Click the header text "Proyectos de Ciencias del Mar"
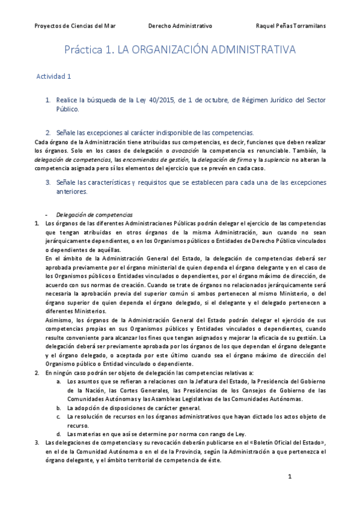point(75,26)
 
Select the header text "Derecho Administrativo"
point(180,26)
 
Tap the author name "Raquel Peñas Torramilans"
point(290,26)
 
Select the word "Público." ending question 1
point(67,109)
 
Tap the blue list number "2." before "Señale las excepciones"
point(48,132)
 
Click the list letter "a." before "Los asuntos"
point(59,382)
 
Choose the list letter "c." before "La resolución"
point(59,416)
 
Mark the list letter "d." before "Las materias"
point(59,434)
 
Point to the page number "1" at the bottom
point(290,477)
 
